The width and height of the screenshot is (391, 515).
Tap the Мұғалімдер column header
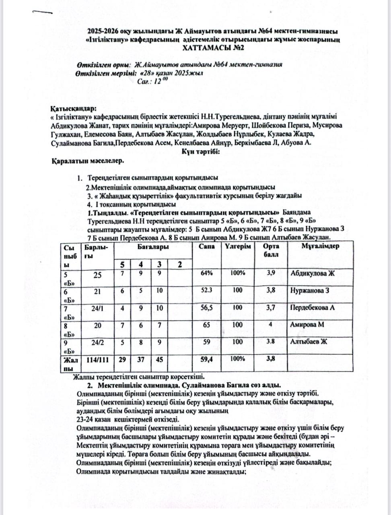321,246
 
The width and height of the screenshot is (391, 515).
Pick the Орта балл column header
271,250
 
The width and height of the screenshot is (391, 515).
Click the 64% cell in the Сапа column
206,273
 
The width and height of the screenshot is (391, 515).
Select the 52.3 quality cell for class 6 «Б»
206,290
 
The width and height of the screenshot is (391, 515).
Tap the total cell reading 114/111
98,359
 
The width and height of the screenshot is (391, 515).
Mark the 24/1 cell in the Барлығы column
98,308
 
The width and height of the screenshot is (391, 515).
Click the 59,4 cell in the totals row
206,359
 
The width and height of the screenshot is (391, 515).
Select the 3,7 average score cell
271,308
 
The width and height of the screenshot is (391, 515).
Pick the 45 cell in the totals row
159,359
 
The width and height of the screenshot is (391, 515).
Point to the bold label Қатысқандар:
74,109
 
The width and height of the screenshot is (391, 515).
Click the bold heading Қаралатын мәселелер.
87,161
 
